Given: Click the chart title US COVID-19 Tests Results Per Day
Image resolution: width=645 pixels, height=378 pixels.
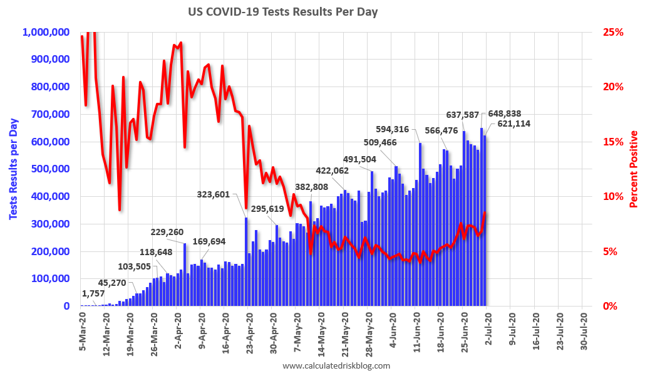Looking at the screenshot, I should coord(283,12).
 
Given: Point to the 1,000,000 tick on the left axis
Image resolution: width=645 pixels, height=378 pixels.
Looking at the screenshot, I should coord(48,32).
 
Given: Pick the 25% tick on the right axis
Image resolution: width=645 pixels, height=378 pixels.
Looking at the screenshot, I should coord(613,32).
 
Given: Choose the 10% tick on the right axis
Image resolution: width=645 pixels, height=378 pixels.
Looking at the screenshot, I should coord(613,196).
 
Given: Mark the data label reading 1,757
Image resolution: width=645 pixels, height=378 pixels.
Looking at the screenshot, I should coord(94,293).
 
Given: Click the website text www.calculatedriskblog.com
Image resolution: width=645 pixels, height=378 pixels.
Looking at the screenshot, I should coord(336,365).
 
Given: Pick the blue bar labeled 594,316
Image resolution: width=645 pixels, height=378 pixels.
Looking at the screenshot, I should coord(420,224).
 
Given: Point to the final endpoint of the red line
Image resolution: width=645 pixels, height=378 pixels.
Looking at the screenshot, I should coord(485,213).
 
